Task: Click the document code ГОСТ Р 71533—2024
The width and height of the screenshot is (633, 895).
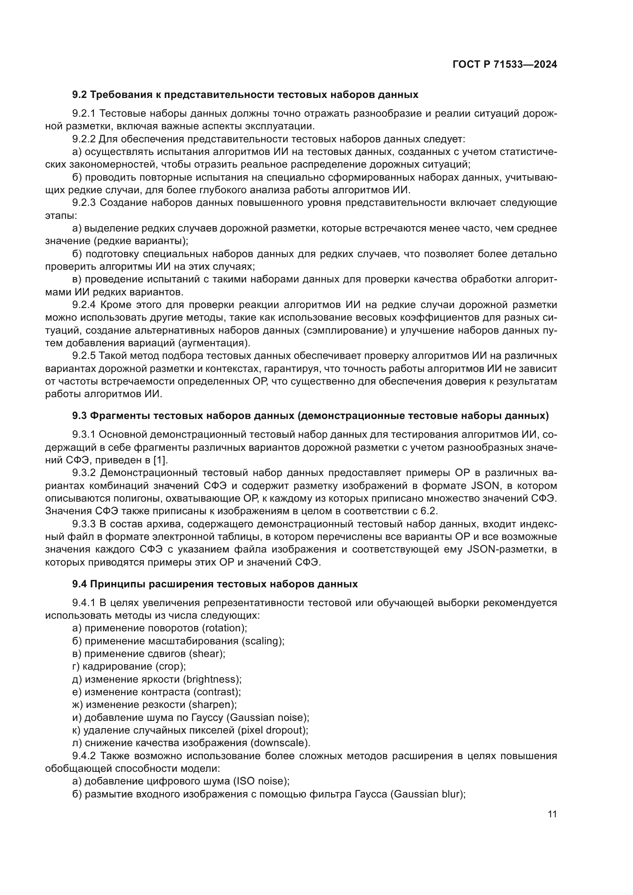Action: click(505, 65)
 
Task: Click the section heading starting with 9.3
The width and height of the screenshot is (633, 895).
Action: click(310, 416)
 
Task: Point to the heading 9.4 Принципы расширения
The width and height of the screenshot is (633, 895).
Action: click(215, 584)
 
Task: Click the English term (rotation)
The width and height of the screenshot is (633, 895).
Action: click(225, 628)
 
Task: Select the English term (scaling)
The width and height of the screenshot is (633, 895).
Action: click(263, 641)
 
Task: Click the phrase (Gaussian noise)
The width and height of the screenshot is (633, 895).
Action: click(268, 717)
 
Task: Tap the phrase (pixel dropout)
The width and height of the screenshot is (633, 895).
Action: click(272, 730)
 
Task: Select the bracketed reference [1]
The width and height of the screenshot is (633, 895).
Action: click(160, 460)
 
